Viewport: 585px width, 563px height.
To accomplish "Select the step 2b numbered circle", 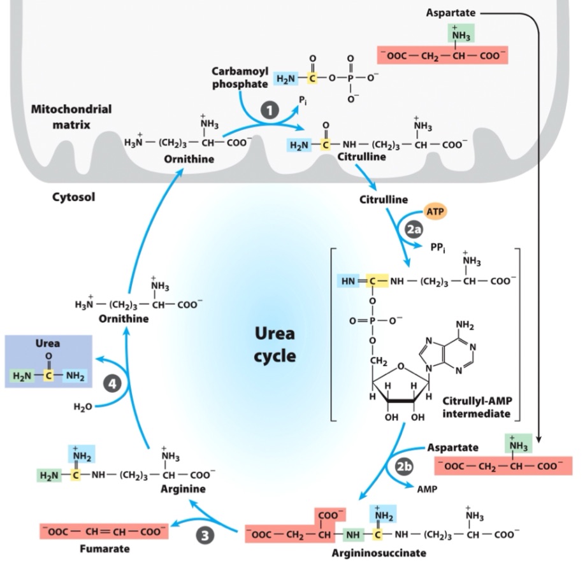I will (x=403, y=467).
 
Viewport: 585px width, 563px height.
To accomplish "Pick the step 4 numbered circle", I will (x=113, y=384).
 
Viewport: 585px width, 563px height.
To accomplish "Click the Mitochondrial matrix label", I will (x=71, y=115).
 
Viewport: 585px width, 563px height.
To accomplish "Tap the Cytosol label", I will (x=73, y=197).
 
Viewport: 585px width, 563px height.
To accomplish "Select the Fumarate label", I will (x=106, y=548).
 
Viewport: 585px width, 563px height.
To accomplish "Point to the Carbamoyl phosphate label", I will (x=240, y=78).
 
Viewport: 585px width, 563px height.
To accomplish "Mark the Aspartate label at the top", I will (x=452, y=13).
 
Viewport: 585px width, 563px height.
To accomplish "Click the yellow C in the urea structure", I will (x=48, y=375).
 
